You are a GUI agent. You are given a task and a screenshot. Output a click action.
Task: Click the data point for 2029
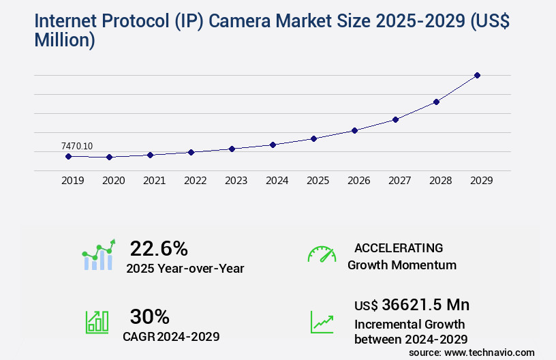pos(477,75)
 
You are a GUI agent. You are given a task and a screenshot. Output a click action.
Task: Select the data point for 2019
pos(68,156)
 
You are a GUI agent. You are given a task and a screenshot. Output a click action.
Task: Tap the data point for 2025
pos(313,138)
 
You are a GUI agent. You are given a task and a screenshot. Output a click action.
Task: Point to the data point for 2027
pos(395,119)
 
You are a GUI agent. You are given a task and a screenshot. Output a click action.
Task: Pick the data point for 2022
pos(191,152)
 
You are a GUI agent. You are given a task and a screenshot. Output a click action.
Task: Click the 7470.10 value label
pos(77,146)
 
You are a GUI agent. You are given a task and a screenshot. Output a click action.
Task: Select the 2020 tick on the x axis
pos(113,181)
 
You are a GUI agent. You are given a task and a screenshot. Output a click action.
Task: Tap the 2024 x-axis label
pos(277,181)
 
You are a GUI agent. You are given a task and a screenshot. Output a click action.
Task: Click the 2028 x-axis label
pos(440,181)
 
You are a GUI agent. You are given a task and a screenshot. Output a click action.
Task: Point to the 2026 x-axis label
pos(358,181)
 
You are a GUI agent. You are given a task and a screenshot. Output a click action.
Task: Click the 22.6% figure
pos(159,248)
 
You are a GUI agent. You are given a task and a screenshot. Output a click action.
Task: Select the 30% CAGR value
pos(149,316)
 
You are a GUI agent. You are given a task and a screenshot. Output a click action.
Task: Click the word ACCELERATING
pos(399,247)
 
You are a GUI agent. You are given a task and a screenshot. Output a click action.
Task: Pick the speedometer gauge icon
pos(322,254)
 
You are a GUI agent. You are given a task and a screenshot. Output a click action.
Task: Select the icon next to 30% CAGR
pos(97,322)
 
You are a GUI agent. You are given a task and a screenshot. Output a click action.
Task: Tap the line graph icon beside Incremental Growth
pos(322,322)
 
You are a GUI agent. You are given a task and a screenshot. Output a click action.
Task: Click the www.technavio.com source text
pos(489,352)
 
